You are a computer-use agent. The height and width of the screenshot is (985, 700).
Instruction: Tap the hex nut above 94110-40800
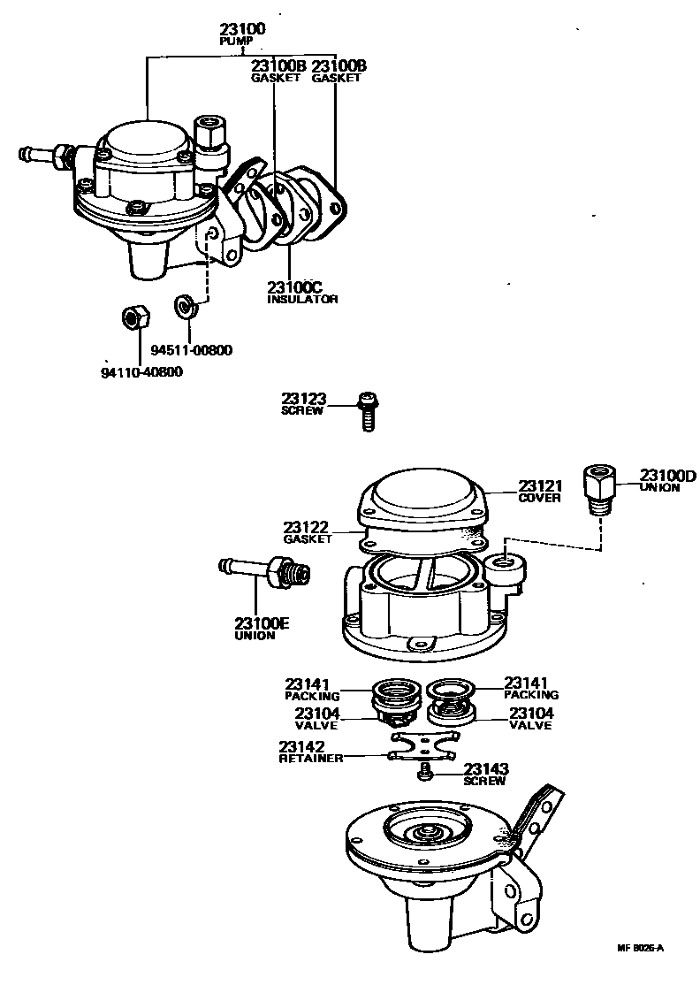(x=132, y=317)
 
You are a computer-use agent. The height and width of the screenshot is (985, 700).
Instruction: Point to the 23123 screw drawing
(x=366, y=411)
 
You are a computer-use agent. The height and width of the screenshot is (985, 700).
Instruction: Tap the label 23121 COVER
(x=539, y=491)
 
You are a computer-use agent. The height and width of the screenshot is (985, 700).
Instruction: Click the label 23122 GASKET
(x=308, y=532)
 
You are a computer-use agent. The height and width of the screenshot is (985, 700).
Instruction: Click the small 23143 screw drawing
(x=424, y=773)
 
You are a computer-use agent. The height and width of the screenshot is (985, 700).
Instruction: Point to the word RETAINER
(x=310, y=759)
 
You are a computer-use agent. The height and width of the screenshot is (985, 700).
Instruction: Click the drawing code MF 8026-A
(x=640, y=948)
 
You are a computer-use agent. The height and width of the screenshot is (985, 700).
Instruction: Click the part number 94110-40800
(x=141, y=371)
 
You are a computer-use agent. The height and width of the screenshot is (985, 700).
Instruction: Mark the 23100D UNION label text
(x=667, y=481)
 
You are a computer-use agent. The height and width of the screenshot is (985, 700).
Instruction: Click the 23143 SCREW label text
(x=485, y=775)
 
